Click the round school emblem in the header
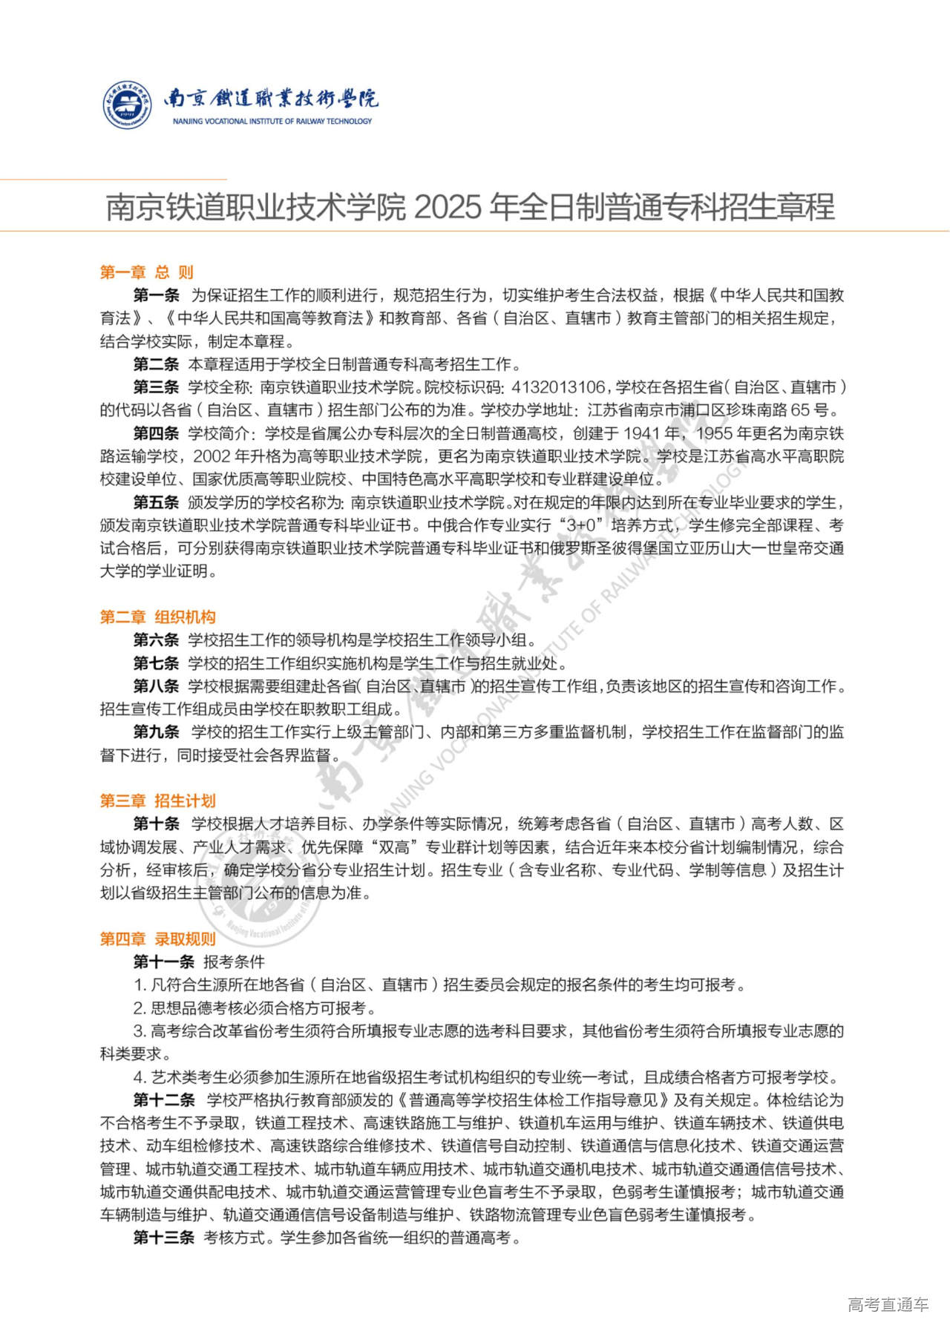click(127, 105)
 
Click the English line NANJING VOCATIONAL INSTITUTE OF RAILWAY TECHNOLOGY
click(272, 121)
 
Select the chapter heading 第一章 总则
click(147, 272)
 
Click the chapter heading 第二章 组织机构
click(157, 617)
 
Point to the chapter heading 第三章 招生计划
click(157, 801)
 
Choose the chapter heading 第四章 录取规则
click(157, 939)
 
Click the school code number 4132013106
click(559, 387)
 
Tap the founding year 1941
click(642, 433)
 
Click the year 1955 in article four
click(714, 433)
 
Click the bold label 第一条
click(157, 295)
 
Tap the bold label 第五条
click(157, 502)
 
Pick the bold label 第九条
click(157, 732)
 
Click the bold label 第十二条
click(164, 1100)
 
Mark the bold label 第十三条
click(164, 1238)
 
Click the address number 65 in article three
click(799, 410)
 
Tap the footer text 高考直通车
click(888, 1304)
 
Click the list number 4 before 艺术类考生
click(138, 1077)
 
